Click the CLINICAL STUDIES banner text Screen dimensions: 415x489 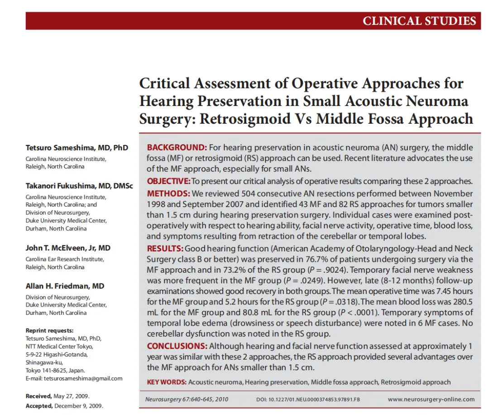click(x=419, y=21)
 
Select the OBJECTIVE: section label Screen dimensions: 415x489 click(x=168, y=181)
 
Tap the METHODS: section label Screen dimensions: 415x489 click(x=165, y=194)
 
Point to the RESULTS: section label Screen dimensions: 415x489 click(x=165, y=248)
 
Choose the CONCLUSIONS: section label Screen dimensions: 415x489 click(x=177, y=347)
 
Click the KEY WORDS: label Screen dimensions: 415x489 click(x=167, y=382)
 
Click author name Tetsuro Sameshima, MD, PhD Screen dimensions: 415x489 click(x=77, y=148)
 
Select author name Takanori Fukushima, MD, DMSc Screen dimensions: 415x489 click(x=79, y=186)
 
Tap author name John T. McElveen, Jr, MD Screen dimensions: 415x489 click(x=68, y=248)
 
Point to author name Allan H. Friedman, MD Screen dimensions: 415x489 click(x=65, y=286)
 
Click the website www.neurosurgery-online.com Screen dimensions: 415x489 click(x=431, y=399)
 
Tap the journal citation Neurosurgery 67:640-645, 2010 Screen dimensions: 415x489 click(x=187, y=399)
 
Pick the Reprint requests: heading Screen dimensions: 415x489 click(x=49, y=330)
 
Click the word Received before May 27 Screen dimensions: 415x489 click(x=38, y=396)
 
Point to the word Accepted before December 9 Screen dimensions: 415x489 click(x=39, y=406)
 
